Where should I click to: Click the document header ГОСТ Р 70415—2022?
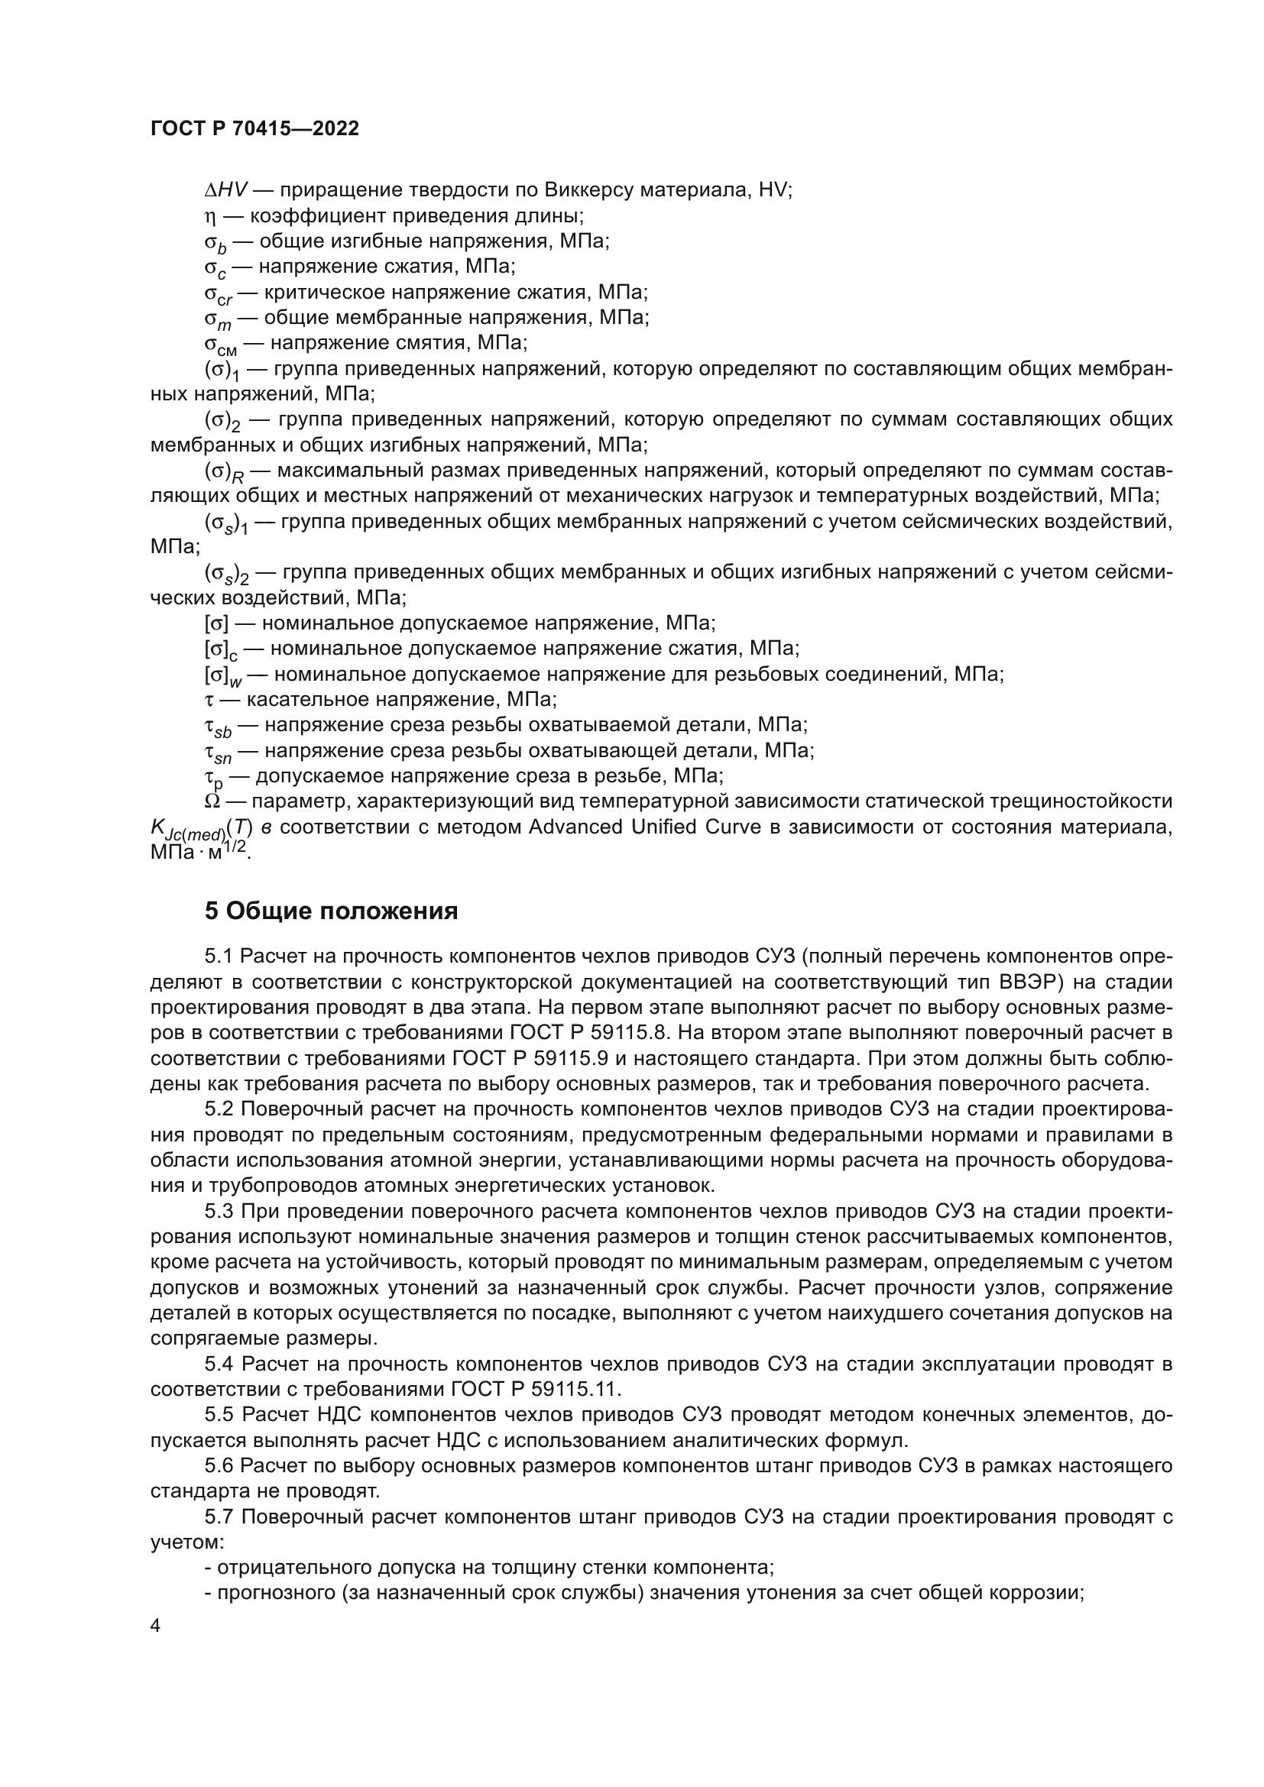[254, 129]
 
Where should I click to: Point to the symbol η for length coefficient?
[209, 215]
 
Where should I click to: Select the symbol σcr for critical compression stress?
[219, 294]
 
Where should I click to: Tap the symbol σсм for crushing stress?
[220, 345]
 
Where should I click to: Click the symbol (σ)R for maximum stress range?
[224, 471]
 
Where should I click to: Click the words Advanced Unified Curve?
[643, 827]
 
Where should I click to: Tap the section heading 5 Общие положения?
[331, 911]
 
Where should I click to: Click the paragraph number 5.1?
[219, 956]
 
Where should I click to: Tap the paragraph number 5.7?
[219, 1517]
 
